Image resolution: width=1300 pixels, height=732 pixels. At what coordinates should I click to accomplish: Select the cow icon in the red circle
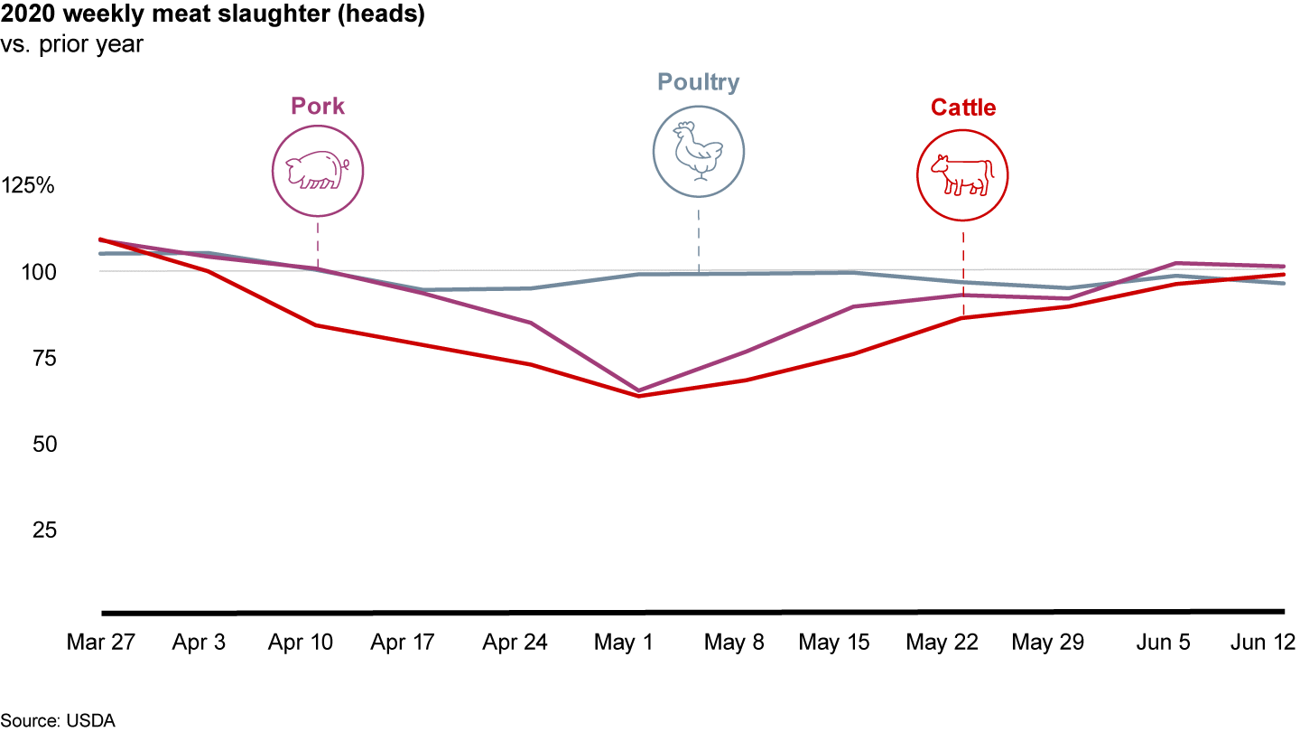tap(962, 174)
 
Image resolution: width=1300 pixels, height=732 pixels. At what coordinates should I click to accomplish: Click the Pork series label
tap(318, 107)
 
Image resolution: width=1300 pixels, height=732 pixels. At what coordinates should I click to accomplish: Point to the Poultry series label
tap(698, 83)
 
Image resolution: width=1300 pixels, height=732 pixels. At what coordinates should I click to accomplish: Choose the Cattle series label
tap(963, 108)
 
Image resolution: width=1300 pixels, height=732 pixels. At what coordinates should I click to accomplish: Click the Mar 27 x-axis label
tap(101, 643)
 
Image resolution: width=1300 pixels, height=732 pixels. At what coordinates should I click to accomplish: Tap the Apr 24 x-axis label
tap(515, 643)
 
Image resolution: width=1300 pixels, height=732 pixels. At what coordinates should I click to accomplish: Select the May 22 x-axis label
tap(942, 643)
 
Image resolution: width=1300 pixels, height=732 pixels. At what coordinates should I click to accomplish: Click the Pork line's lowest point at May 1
tap(639, 390)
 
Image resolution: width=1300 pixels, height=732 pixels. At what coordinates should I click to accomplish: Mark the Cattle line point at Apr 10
tap(317, 325)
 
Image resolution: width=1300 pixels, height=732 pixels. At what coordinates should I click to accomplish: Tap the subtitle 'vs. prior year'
tap(72, 44)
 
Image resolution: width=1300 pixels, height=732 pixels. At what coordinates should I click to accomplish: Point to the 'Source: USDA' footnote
tap(58, 720)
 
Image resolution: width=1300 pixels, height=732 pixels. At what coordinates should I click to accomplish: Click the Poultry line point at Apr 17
tap(424, 290)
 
